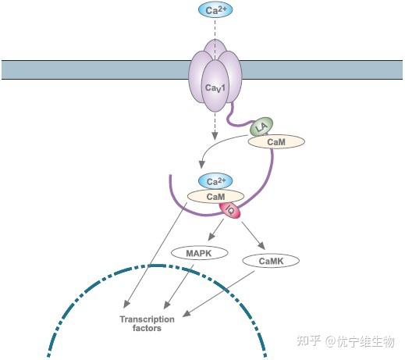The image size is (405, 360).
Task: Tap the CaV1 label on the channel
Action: pyautogui.click(x=216, y=89)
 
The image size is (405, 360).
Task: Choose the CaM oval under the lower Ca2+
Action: pyautogui.click(x=215, y=197)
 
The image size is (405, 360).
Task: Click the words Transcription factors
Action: pyautogui.click(x=140, y=324)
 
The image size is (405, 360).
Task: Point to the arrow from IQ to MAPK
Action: pyautogui.click(x=215, y=233)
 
